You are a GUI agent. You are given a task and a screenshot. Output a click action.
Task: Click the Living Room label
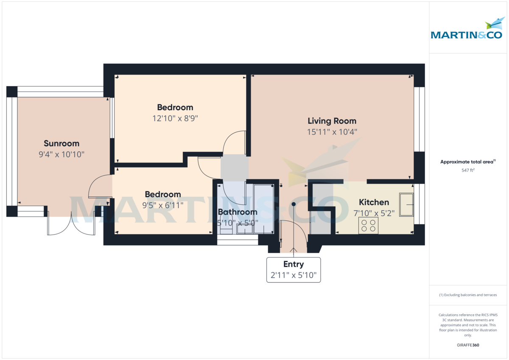click(x=332, y=121)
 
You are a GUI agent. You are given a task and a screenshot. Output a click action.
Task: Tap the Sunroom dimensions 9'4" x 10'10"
click(x=62, y=155)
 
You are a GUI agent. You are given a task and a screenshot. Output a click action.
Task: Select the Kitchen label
click(x=374, y=202)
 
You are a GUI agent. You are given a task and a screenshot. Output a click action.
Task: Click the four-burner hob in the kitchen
click(x=368, y=226)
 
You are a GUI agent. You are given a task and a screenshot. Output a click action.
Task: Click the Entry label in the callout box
click(x=294, y=264)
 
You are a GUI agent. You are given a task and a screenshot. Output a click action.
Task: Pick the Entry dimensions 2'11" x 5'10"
click(x=294, y=276)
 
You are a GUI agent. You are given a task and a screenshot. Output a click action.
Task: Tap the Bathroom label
click(x=238, y=212)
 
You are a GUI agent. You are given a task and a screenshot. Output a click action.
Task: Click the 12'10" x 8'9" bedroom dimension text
click(x=175, y=119)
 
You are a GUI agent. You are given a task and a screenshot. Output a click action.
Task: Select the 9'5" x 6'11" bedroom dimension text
click(x=163, y=206)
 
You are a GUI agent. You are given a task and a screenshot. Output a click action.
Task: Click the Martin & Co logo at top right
click(x=466, y=30)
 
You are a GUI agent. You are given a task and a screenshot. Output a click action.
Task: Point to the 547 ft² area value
click(x=468, y=170)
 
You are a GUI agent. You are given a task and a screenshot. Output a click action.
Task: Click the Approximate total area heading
click(x=467, y=162)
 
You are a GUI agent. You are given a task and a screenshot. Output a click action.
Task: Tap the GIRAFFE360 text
click(x=468, y=345)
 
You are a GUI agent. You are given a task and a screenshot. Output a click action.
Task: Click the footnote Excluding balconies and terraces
click(x=468, y=295)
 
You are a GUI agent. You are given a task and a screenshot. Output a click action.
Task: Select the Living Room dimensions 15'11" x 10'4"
click(x=332, y=132)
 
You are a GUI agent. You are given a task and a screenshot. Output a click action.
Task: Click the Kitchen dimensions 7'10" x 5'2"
click(x=374, y=213)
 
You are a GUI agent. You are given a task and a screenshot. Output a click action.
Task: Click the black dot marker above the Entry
click(x=294, y=204)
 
